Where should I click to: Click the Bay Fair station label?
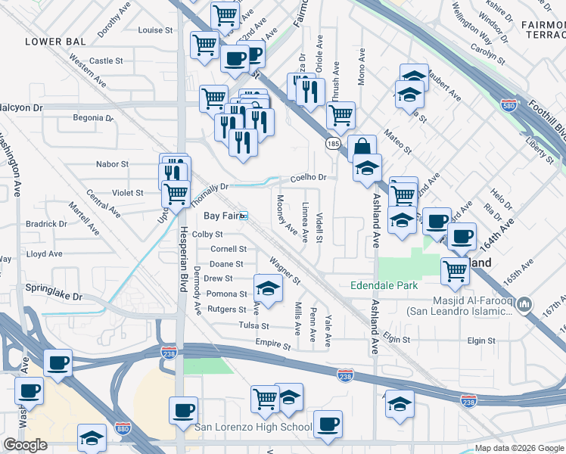tap(222, 216)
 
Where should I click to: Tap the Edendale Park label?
tap(384, 285)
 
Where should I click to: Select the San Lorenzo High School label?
tap(253, 428)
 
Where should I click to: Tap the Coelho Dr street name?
tap(309, 178)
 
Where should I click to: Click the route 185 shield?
tap(333, 142)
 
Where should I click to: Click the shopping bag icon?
tap(362, 146)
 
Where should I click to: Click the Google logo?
tap(25, 445)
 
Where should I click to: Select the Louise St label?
tap(156, 31)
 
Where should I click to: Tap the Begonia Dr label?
tap(92, 118)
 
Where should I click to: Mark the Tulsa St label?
tap(254, 326)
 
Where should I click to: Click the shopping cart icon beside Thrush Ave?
tap(341, 115)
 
